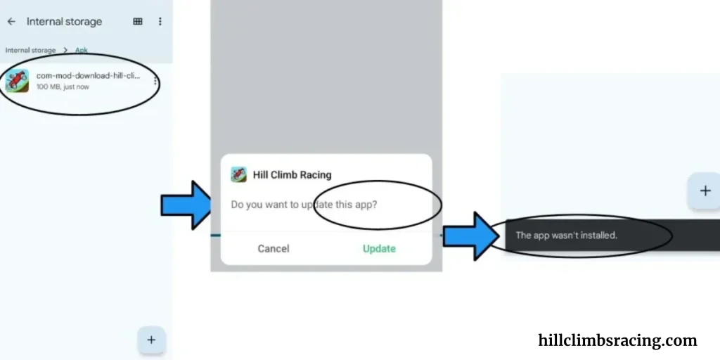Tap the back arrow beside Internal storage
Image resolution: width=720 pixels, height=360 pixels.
pos(11,22)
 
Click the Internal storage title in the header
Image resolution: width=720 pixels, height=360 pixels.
pos(64,22)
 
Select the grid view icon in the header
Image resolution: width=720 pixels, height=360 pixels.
pos(138,22)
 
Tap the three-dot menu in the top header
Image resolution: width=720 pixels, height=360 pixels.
pos(160,22)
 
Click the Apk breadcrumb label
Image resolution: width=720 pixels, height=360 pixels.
pos(82,50)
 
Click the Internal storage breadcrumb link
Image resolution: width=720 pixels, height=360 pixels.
pos(30,50)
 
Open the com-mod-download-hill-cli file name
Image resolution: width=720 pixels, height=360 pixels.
pos(88,76)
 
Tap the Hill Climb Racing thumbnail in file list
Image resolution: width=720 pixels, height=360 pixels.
pos(17,81)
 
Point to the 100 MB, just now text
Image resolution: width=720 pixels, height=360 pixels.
pos(63,86)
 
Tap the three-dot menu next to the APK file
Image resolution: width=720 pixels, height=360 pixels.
pos(155,82)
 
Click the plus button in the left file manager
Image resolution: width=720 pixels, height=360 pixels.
pos(151,340)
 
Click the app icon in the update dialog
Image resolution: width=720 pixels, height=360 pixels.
pos(238,174)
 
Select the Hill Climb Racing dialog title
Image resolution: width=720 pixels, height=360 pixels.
pos(292,175)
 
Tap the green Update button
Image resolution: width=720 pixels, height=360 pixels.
pos(379,248)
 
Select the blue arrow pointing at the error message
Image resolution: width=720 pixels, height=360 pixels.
pos(471,236)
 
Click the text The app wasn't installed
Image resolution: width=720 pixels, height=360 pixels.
pos(567,235)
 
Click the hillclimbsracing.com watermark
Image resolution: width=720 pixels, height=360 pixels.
pos(617,340)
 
